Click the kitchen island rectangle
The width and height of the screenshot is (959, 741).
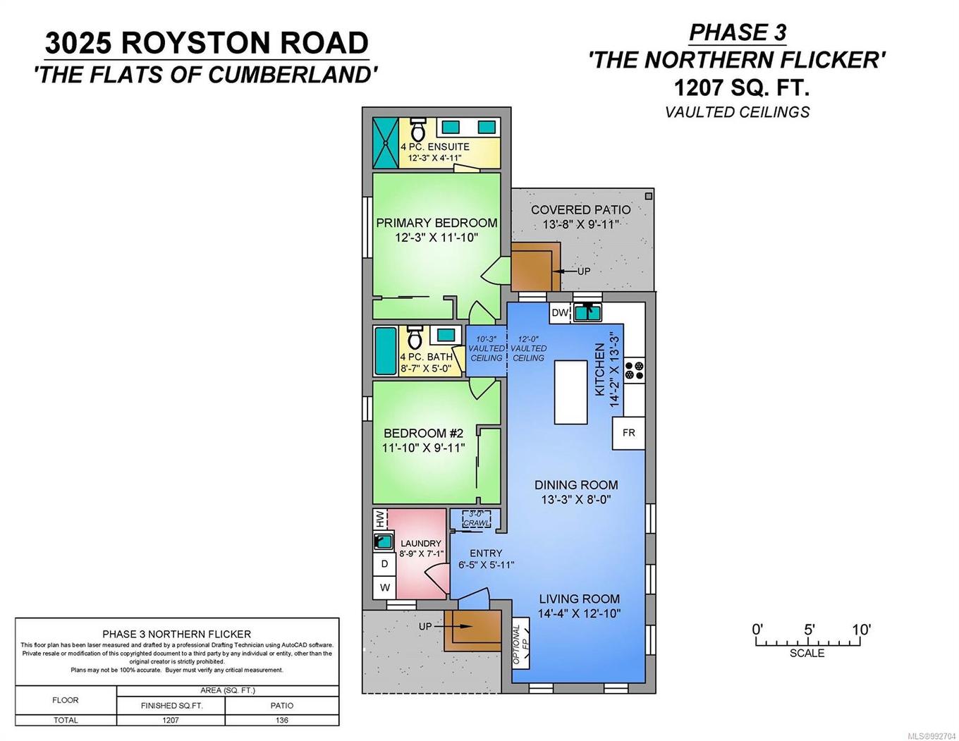point(570,392)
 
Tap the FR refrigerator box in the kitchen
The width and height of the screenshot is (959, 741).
point(628,432)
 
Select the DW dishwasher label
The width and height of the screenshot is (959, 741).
point(560,313)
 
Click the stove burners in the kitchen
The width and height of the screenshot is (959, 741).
point(635,370)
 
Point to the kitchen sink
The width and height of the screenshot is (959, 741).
point(586,312)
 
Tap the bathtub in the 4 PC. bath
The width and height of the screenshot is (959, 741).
point(386,350)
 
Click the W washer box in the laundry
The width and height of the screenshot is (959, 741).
point(385,587)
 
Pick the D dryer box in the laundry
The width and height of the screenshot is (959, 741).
point(385,564)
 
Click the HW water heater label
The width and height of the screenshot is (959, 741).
point(380,520)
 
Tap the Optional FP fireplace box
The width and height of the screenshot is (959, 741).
point(521,644)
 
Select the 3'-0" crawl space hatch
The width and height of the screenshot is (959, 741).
point(476,520)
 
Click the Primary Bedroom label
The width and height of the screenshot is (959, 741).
point(436,223)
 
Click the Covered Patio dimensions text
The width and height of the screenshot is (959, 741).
point(581,225)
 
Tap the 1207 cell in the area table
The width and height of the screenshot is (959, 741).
point(171,720)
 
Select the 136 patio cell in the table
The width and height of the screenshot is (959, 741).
point(282,720)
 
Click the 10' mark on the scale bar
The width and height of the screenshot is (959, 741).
point(860,630)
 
